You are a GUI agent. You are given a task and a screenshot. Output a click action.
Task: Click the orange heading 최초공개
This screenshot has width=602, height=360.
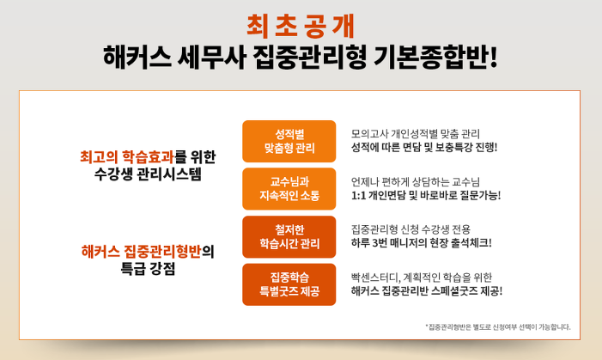coord(301,26)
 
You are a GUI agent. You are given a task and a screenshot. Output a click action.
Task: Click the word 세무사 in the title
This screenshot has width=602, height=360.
coord(211,58)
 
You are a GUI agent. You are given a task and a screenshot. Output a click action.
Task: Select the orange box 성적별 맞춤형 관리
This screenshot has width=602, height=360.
coord(289,142)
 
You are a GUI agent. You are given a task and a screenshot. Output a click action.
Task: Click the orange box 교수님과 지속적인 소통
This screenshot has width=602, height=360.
coord(289,189)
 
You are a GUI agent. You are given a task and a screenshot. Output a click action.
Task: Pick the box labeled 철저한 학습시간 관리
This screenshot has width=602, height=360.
coord(289,236)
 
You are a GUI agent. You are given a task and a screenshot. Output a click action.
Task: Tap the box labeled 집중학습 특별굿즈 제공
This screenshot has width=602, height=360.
coord(289,284)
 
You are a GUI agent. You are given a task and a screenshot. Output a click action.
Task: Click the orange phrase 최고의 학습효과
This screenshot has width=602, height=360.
coord(127,156)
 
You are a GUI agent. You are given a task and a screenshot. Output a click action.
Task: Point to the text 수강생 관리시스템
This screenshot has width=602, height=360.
coord(148,174)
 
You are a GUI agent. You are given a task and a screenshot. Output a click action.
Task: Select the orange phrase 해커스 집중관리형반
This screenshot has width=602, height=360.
coord(141,252)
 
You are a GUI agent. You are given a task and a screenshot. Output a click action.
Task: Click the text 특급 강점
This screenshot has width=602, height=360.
coord(148,269)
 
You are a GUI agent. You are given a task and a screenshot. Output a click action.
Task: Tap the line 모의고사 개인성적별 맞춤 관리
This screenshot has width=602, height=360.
coord(416,134)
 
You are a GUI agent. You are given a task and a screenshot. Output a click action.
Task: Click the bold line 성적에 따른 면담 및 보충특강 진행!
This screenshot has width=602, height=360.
coord(424,147)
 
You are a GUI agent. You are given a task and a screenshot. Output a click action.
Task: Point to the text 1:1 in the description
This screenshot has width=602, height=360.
coord(358,196)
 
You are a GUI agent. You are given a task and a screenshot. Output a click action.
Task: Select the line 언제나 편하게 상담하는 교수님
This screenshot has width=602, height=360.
coord(416,182)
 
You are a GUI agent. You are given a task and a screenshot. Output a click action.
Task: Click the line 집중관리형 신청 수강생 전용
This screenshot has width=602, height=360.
coord(410,229)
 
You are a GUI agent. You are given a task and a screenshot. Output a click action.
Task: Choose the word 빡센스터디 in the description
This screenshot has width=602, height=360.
coord(376,278)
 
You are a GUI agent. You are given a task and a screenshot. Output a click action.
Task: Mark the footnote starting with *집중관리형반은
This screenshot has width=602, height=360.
coord(497,327)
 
